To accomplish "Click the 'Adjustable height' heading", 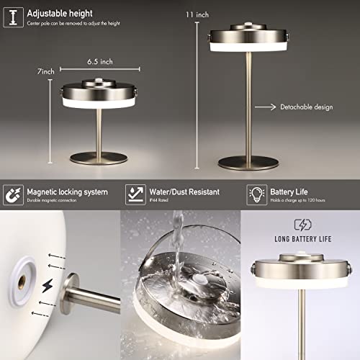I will [61, 13].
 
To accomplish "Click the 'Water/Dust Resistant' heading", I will [184, 192].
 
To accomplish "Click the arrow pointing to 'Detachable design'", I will [266, 107].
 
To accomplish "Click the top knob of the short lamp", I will [99, 83].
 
